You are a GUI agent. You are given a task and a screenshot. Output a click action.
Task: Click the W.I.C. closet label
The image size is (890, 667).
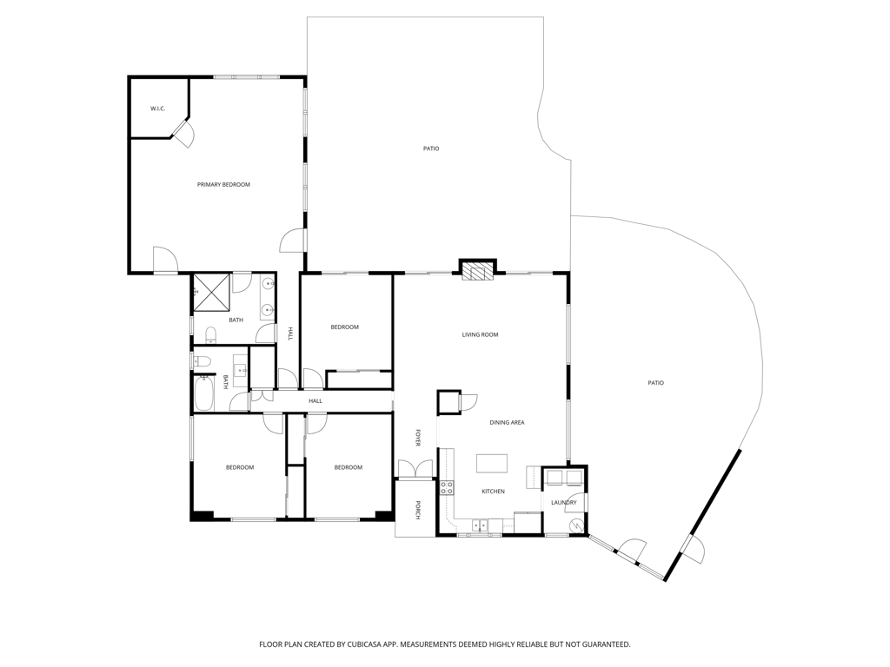click(158, 109)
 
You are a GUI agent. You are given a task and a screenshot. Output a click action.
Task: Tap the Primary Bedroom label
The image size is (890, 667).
click(223, 184)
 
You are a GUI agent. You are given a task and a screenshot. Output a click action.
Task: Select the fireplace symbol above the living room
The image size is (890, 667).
click(477, 272)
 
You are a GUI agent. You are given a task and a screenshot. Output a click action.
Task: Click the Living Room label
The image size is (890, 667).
click(480, 334)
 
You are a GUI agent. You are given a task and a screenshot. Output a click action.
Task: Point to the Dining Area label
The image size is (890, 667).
click(507, 423)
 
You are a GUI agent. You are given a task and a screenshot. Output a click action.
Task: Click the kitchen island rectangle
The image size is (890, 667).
click(492, 464)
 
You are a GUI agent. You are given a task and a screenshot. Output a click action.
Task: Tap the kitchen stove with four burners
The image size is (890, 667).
click(448, 488)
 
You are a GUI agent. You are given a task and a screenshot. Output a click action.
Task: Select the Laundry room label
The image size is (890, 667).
click(563, 503)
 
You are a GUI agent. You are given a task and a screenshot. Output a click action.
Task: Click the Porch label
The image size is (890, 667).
click(418, 510)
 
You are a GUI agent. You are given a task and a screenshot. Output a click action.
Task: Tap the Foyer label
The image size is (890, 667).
click(418, 438)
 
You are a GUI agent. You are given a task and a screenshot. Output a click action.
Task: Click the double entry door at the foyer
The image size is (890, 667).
click(416, 470)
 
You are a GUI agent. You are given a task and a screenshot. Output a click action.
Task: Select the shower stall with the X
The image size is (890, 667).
click(212, 293)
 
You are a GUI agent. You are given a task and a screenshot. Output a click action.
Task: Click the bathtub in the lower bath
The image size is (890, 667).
click(204, 393)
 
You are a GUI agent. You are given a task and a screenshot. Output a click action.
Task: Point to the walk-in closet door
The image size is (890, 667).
click(183, 133)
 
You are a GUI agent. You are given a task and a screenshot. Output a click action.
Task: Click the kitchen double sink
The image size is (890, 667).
click(480, 525)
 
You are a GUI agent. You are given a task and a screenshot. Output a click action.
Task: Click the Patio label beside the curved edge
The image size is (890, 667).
click(655, 383)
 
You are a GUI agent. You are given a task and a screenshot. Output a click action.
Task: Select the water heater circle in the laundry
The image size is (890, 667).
click(577, 525)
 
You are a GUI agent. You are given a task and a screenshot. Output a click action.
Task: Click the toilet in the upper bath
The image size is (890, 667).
click(210, 334)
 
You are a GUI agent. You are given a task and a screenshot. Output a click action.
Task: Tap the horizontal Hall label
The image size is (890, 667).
click(315, 401)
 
